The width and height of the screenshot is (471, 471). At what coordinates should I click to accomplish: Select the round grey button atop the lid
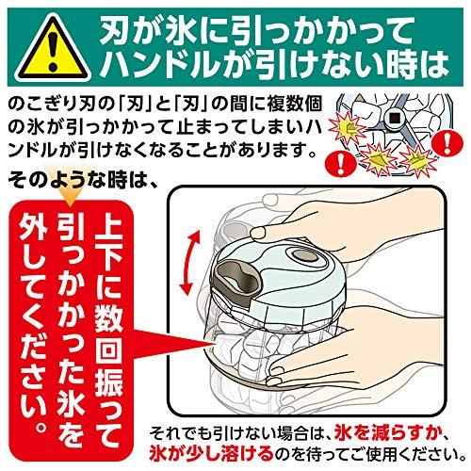[303, 256]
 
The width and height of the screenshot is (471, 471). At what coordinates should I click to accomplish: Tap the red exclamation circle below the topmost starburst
[340, 163]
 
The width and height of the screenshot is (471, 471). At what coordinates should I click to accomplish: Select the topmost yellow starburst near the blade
[348, 128]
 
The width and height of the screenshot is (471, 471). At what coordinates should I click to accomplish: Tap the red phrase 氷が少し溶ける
[211, 453]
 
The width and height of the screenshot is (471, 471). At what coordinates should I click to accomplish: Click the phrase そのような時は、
[83, 181]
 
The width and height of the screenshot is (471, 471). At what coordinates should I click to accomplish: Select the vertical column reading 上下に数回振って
[108, 330]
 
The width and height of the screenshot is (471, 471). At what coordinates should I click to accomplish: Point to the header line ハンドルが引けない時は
[276, 65]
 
